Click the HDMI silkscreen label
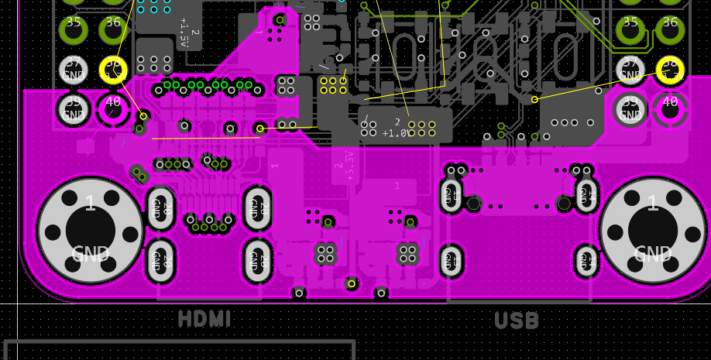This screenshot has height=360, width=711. tap(204, 318)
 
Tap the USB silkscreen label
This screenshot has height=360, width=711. tap(517, 320)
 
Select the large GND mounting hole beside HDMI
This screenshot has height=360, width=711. tap(90, 230)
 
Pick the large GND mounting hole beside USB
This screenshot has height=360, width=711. tap(652, 230)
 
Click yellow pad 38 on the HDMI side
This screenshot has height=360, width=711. tap(113, 70)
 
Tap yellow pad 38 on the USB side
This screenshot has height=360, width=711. tap(670, 70)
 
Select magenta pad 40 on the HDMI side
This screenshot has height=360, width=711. tap(113, 109)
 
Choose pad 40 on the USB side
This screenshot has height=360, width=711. tap(670, 109)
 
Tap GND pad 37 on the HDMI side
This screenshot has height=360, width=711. tap(74, 70)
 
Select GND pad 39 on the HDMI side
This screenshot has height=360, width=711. tap(74, 109)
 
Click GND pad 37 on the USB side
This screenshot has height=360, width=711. tap(630, 70)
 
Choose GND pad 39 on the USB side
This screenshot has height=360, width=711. tap(630, 109)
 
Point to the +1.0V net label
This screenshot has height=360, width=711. tap(395, 133)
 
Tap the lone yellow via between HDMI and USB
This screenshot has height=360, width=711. tap(352, 283)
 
